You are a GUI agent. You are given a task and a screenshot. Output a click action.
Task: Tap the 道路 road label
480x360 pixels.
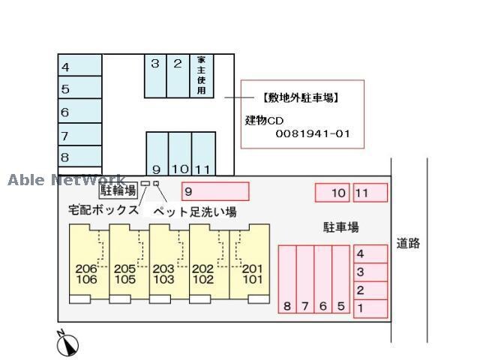pyautogui.click(x=408, y=243)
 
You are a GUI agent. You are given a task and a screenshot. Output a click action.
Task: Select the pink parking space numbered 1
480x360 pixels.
pyautogui.click(x=370, y=308)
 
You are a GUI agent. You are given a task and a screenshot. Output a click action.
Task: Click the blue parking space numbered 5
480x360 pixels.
pyautogui.click(x=80, y=89)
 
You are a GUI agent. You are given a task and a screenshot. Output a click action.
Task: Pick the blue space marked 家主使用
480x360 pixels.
pyautogui.click(x=201, y=75)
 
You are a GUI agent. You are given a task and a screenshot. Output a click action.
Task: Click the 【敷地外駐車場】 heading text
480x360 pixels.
pyautogui.click(x=301, y=97)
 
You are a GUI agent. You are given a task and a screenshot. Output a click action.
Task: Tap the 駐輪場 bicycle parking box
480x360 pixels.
pyautogui.click(x=118, y=190)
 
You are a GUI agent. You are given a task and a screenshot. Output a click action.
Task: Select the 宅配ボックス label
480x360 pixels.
pyautogui.click(x=103, y=210)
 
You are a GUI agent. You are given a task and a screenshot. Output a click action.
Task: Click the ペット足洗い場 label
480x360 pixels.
pyautogui.click(x=195, y=211)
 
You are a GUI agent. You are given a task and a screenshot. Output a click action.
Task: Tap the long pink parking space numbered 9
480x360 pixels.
pyautogui.click(x=215, y=191)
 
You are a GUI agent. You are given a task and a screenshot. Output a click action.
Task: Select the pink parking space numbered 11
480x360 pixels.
pyautogui.click(x=370, y=193)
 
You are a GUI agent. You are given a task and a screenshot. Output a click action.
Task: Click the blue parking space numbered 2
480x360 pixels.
pyautogui.click(x=178, y=75)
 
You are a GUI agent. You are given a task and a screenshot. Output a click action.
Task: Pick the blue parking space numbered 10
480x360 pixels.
pyautogui.click(x=180, y=154)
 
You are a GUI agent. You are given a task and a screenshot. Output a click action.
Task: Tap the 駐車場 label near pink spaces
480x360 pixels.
pyautogui.click(x=341, y=226)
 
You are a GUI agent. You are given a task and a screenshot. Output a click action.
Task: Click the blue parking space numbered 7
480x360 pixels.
pyautogui.click(x=80, y=136)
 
